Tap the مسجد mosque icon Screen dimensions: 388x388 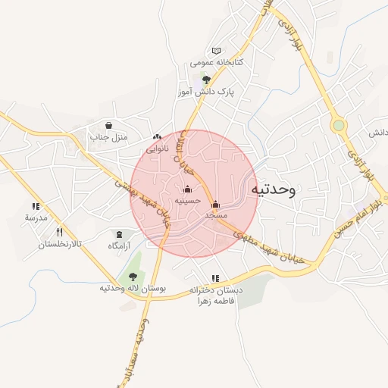pyautogui.click(x=216, y=204)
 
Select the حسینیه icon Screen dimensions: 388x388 pyautogui.click(x=188, y=189)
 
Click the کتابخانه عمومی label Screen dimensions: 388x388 pyautogui.click(x=216, y=61)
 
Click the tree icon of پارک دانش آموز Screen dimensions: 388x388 pyautogui.click(x=205, y=79)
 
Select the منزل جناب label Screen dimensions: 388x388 pyautogui.click(x=109, y=137)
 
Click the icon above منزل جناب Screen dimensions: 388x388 pyautogui.click(x=109, y=125)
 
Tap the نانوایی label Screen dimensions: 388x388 pyautogui.click(x=158, y=149)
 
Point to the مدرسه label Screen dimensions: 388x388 pyautogui.click(x=36, y=217)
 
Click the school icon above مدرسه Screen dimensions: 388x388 pyautogui.click(x=36, y=205)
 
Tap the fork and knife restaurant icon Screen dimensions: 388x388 pyautogui.click(x=59, y=233)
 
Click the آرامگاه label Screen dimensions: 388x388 pyautogui.click(x=119, y=246)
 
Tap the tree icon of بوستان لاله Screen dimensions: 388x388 pyautogui.click(x=133, y=277)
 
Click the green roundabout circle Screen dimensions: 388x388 pyautogui.click(x=338, y=125)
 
